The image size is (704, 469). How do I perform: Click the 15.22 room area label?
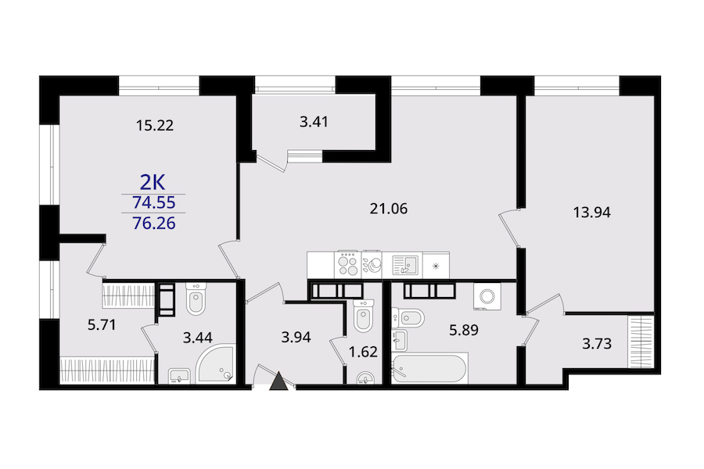click(x=155, y=125)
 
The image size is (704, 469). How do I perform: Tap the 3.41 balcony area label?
click(x=314, y=122)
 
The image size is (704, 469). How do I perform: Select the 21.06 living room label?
click(x=388, y=209)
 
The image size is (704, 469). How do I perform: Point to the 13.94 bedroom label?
click(x=592, y=212)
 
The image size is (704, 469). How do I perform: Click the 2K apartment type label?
click(x=153, y=183)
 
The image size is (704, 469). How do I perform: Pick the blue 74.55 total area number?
click(x=153, y=203)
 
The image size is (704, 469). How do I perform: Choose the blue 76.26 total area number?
click(x=153, y=223)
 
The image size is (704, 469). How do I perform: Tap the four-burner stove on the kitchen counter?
click(x=348, y=265)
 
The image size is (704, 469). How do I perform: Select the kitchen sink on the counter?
click(x=405, y=265)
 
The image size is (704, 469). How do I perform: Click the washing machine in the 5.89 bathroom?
click(x=487, y=296)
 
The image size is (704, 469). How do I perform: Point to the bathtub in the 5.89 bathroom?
click(x=429, y=368)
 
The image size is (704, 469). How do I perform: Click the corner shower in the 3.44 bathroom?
click(x=216, y=364)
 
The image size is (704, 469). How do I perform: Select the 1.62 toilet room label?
click(x=363, y=352)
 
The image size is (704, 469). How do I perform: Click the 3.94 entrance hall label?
click(x=296, y=337)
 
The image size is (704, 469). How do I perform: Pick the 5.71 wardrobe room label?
click(x=102, y=324)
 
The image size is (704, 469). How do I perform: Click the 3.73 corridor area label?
click(x=597, y=344)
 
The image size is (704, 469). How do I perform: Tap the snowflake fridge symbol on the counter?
click(x=436, y=266)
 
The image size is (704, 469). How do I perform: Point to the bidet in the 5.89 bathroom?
click(x=408, y=319)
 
